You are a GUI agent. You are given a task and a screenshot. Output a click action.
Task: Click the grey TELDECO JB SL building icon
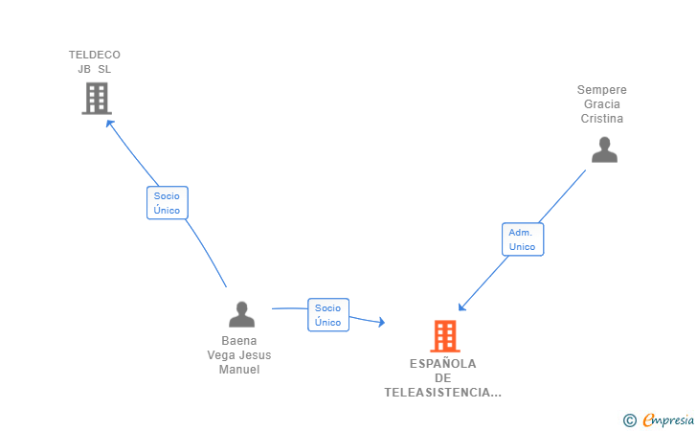(x=97, y=98)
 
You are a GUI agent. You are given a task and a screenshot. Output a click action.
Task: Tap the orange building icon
(x=444, y=336)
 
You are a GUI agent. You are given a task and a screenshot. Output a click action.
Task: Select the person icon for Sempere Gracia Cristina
(x=604, y=149)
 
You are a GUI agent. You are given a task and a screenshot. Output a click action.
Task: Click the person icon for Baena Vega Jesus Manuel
(x=241, y=314)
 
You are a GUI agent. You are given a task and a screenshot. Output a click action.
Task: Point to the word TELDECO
(x=95, y=55)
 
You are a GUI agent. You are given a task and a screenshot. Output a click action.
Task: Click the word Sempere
(x=601, y=90)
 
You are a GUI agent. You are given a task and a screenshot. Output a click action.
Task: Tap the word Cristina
(x=601, y=119)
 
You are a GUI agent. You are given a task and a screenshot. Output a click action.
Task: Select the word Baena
(x=239, y=340)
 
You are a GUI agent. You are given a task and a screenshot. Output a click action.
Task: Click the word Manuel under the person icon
(x=239, y=370)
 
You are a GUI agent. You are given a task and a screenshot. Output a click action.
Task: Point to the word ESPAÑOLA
(x=442, y=363)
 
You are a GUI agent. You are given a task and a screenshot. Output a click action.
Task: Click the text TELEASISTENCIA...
(x=442, y=393)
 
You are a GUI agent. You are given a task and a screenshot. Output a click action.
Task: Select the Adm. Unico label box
(x=523, y=239)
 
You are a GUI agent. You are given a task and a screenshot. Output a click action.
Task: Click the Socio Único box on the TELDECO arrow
(x=167, y=203)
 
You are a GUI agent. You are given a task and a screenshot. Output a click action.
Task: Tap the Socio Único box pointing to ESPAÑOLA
(x=328, y=315)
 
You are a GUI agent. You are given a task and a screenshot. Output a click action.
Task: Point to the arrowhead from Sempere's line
(x=461, y=307)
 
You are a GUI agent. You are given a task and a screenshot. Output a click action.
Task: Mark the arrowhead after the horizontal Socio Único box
(x=381, y=324)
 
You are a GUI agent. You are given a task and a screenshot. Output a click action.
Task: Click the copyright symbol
(x=629, y=420)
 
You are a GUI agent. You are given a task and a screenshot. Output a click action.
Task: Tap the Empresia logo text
(x=668, y=419)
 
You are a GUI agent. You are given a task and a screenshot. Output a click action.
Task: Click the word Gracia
(x=601, y=104)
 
